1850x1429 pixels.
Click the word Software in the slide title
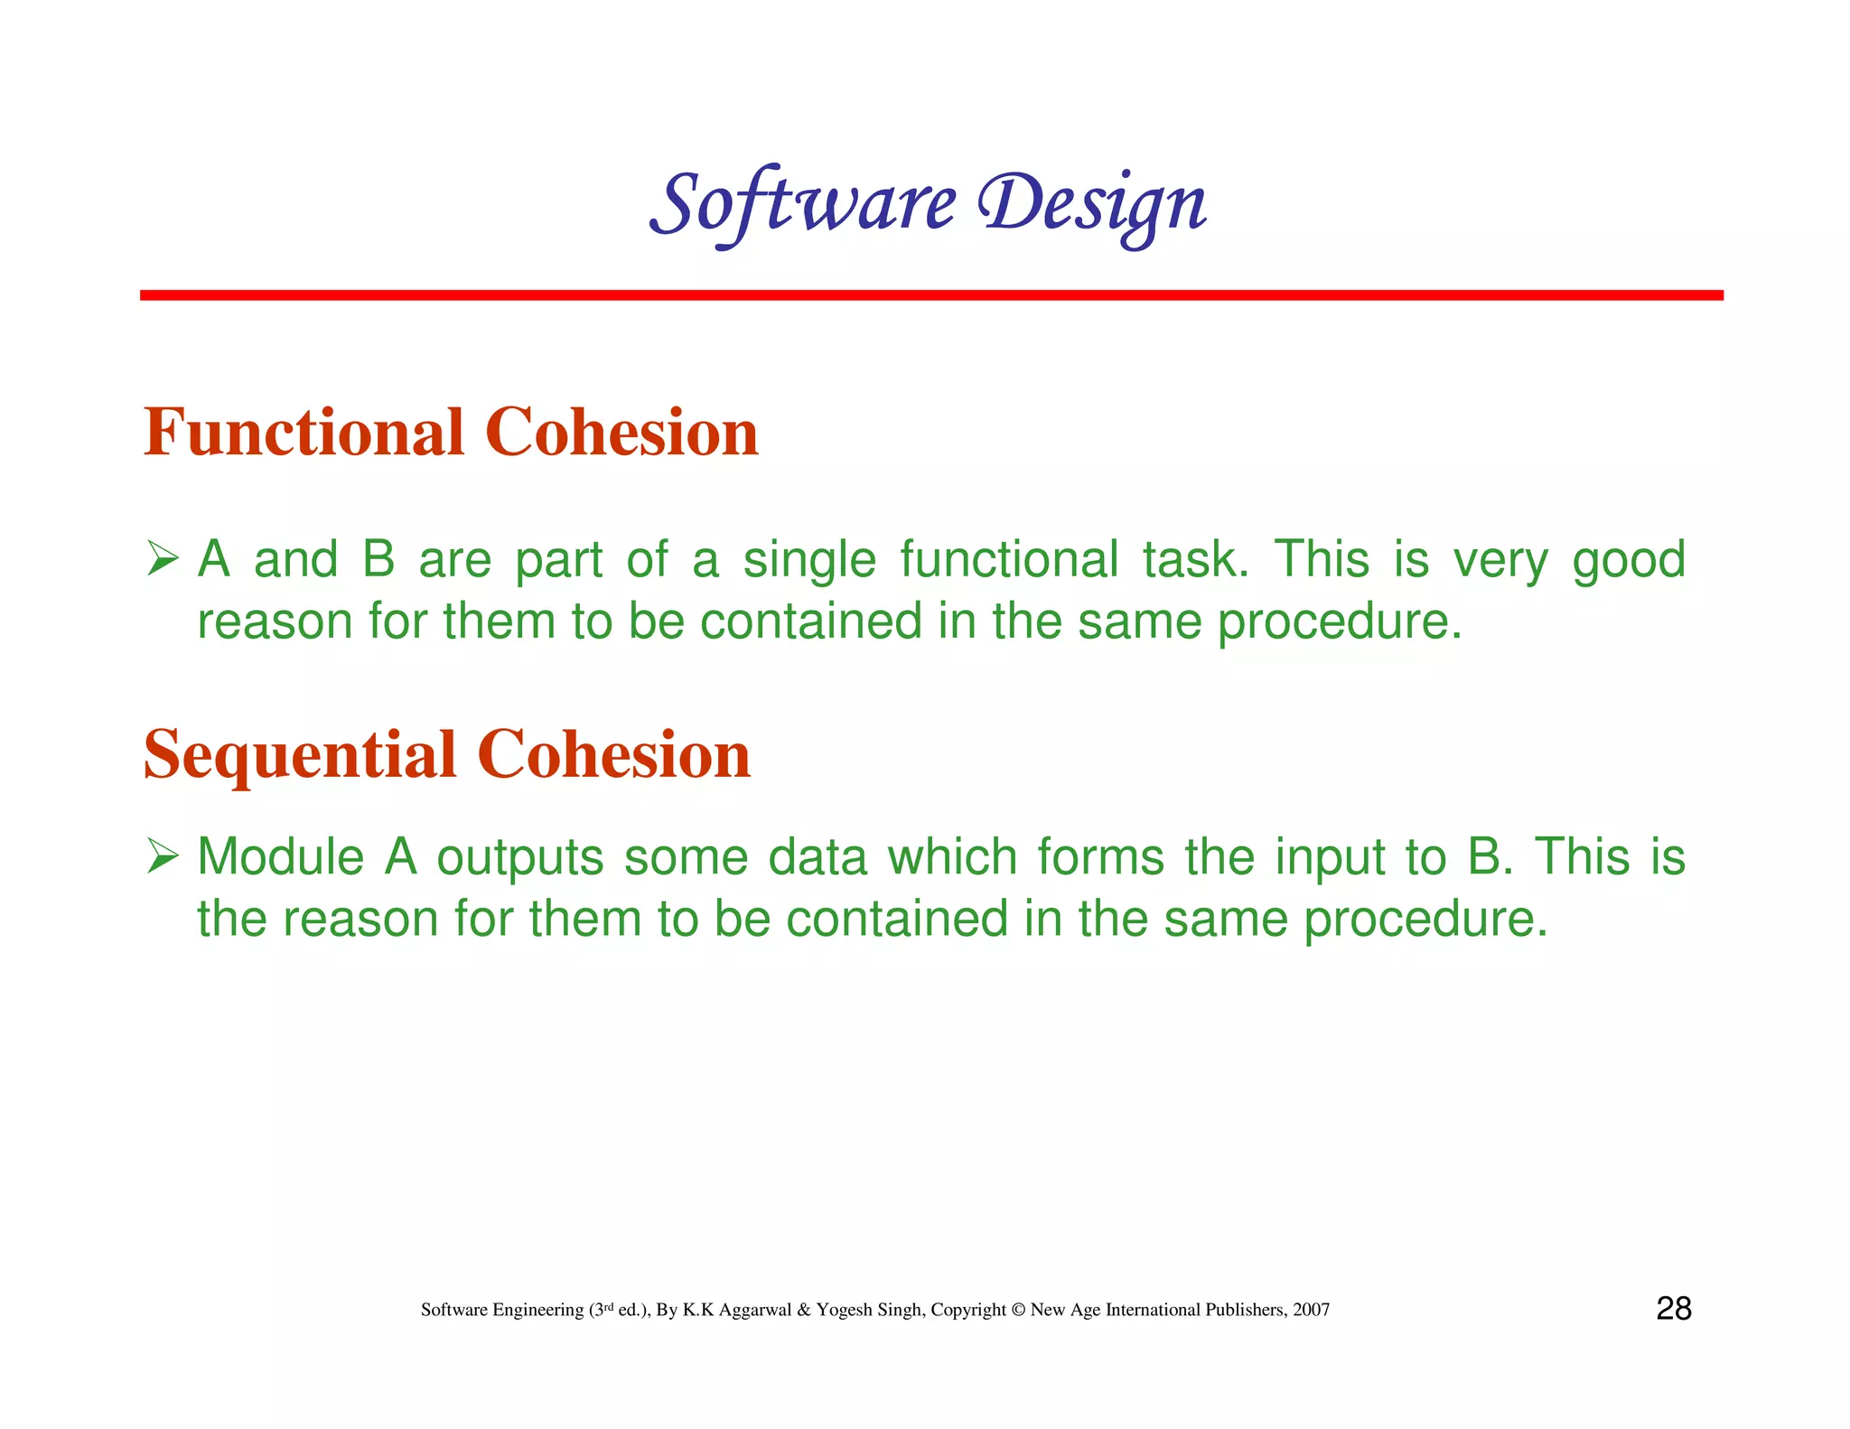tap(802, 204)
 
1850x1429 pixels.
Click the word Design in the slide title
tap(1093, 204)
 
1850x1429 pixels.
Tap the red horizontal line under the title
tap(930, 295)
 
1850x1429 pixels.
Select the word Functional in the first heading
tap(304, 433)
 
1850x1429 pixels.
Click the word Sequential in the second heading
tap(300, 755)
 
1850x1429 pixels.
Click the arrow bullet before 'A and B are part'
tap(163, 558)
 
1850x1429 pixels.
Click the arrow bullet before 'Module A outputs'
tap(163, 855)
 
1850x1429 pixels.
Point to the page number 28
tap(1673, 1309)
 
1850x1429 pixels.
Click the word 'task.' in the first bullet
tap(1196, 560)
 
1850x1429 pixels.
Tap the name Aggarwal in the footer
tap(755, 1311)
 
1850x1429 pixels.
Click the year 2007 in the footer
tap(1311, 1310)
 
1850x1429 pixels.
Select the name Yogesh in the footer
tap(844, 1311)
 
